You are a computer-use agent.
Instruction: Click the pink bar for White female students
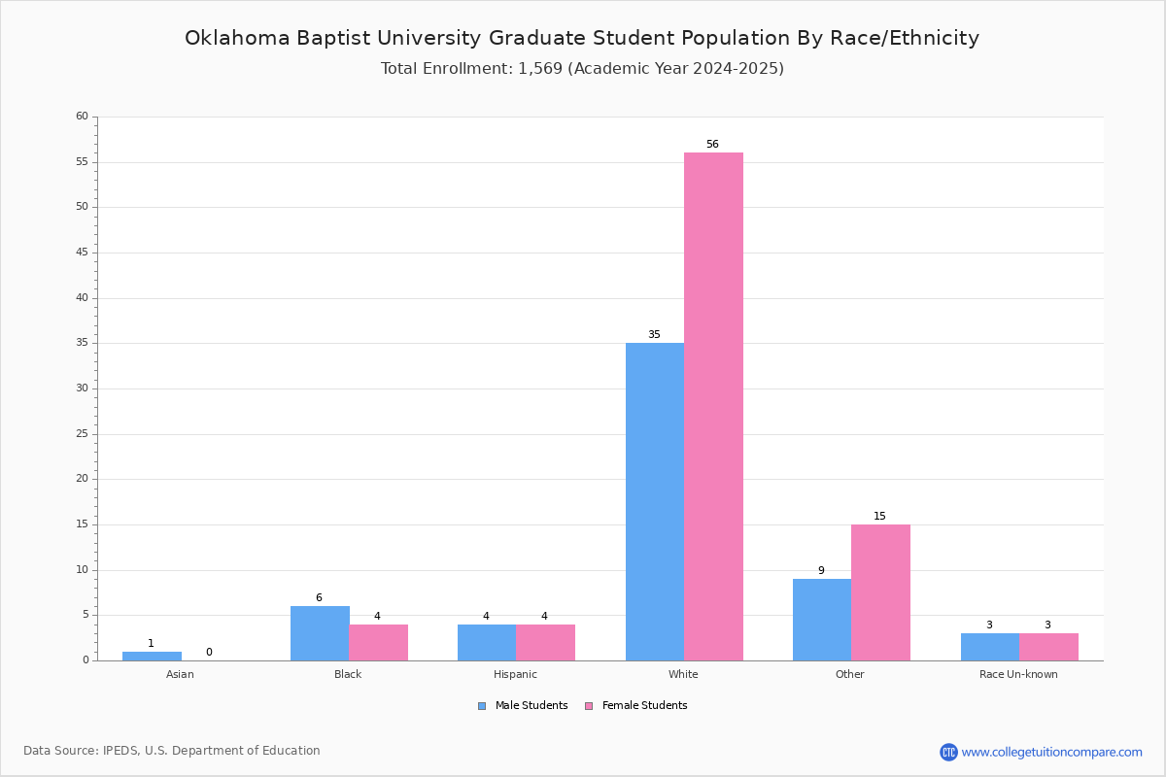click(713, 406)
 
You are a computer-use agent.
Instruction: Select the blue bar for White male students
click(655, 502)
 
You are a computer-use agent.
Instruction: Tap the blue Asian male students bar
click(152, 657)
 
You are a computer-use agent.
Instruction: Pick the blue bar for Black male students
click(320, 633)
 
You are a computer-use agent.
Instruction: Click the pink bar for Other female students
click(880, 592)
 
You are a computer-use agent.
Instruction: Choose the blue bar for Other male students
click(822, 620)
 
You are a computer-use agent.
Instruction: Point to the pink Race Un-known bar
click(1048, 647)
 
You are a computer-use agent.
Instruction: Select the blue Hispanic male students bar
click(487, 643)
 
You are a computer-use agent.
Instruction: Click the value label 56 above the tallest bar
click(712, 144)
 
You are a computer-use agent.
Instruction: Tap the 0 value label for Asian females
click(209, 652)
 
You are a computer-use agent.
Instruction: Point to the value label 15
click(879, 517)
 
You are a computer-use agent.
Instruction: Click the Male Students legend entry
click(523, 706)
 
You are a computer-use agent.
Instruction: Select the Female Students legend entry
click(636, 706)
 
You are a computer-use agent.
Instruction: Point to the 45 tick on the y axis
click(83, 253)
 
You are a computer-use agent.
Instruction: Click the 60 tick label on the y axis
click(83, 116)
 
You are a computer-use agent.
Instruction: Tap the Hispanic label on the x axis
click(515, 674)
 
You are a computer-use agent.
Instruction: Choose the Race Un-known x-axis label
click(1018, 674)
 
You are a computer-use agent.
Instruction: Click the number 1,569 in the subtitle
click(540, 69)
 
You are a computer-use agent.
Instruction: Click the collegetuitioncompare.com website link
click(1052, 752)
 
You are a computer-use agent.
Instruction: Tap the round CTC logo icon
click(949, 752)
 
